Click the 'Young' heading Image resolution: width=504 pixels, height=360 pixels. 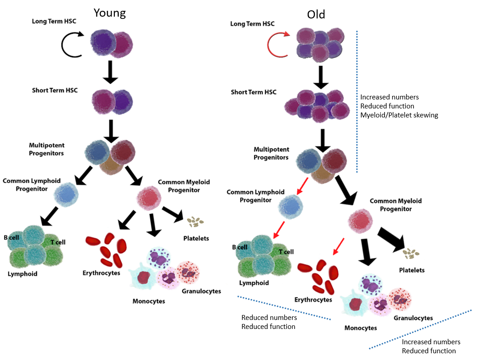pyautogui.click(x=109, y=13)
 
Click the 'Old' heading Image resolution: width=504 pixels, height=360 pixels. pyautogui.click(x=316, y=14)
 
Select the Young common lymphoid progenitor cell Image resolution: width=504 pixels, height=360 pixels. pyautogui.click(x=66, y=194)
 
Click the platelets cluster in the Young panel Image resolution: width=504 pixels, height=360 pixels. pyautogui.click(x=195, y=221)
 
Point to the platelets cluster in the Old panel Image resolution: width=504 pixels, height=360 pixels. pyautogui.click(x=411, y=253)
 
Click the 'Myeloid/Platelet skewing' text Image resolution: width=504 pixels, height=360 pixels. pyautogui.click(x=399, y=115)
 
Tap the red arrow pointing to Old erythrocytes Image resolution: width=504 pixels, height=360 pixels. pyautogui.click(x=338, y=246)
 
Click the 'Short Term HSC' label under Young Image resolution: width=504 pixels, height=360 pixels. pyautogui.click(x=54, y=90)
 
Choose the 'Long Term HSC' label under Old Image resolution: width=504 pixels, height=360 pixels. pyautogui.click(x=252, y=24)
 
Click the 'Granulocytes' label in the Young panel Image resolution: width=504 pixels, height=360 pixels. pyautogui.click(x=201, y=291)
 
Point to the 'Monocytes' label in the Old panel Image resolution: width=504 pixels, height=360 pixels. pyautogui.click(x=361, y=328)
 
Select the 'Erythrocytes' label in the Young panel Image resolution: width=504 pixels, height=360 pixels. pyautogui.click(x=101, y=273)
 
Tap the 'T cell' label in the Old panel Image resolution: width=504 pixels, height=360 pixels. pyautogui.click(x=286, y=252)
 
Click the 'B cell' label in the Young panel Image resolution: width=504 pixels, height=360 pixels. pyautogui.click(x=11, y=238)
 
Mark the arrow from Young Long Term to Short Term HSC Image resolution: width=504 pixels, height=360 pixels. pyautogui.click(x=110, y=72)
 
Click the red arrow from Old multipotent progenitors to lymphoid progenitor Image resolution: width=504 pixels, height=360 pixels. pyautogui.click(x=303, y=186)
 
